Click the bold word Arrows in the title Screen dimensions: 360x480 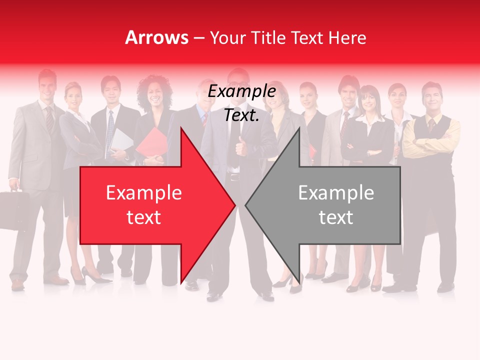[x=156, y=37]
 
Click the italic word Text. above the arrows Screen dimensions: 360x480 [x=242, y=115]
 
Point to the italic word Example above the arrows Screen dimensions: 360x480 [x=242, y=92]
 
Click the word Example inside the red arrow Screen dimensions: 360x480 [x=144, y=193]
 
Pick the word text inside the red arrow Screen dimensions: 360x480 [x=144, y=217]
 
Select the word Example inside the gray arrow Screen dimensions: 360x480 [x=336, y=193]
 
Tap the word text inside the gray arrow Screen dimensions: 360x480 [x=336, y=217]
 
